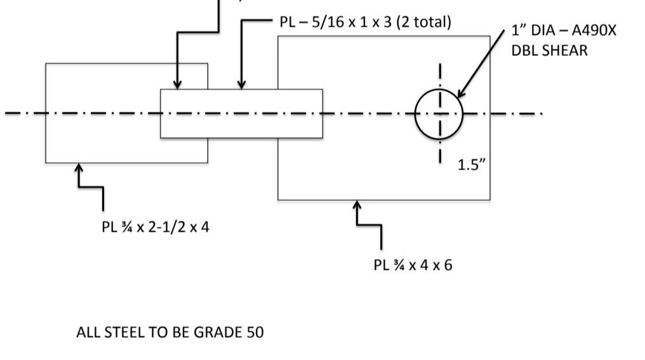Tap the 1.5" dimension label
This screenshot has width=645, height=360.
472,164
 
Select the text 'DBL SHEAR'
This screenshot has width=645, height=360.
549,50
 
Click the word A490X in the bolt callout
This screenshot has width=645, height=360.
591,30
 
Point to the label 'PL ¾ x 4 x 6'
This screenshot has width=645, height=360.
413,264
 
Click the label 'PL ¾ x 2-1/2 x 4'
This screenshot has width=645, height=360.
155,227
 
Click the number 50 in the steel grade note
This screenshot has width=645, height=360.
254,332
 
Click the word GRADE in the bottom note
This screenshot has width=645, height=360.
218,332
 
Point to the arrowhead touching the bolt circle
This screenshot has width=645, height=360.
460,95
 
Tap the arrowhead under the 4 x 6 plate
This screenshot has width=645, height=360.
357,204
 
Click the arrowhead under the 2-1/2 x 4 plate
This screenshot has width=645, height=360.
79,168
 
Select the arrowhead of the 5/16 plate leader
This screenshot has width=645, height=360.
241,85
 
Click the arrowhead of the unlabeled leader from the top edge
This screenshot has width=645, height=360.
178,85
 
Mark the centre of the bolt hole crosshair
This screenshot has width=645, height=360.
439,114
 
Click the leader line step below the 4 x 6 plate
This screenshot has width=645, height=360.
369,224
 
